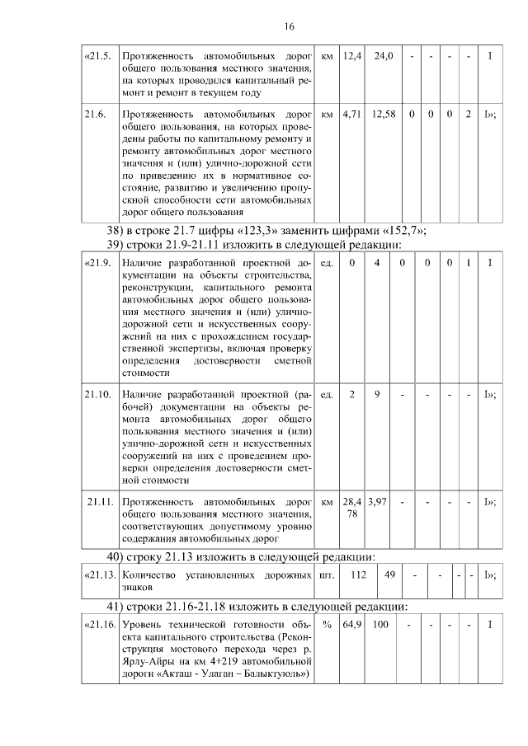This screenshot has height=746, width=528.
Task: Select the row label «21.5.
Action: tap(97, 56)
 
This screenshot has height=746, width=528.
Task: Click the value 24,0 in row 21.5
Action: tap(384, 56)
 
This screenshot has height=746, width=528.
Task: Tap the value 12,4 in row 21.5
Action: tap(352, 56)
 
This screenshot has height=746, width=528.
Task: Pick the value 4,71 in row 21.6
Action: tap(352, 114)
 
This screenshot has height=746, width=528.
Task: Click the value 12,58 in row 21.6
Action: tap(384, 114)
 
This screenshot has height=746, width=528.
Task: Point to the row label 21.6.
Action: tap(96, 114)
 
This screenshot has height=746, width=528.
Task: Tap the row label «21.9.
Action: tap(97, 262)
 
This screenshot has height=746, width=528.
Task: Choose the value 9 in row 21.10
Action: tap(377, 394)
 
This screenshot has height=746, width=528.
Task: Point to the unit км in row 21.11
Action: tap(327, 501)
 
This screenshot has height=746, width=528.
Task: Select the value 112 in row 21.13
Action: tap(359, 574)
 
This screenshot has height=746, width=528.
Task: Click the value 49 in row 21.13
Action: tap(391, 574)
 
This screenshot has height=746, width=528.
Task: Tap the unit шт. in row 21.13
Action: tap(328, 574)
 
